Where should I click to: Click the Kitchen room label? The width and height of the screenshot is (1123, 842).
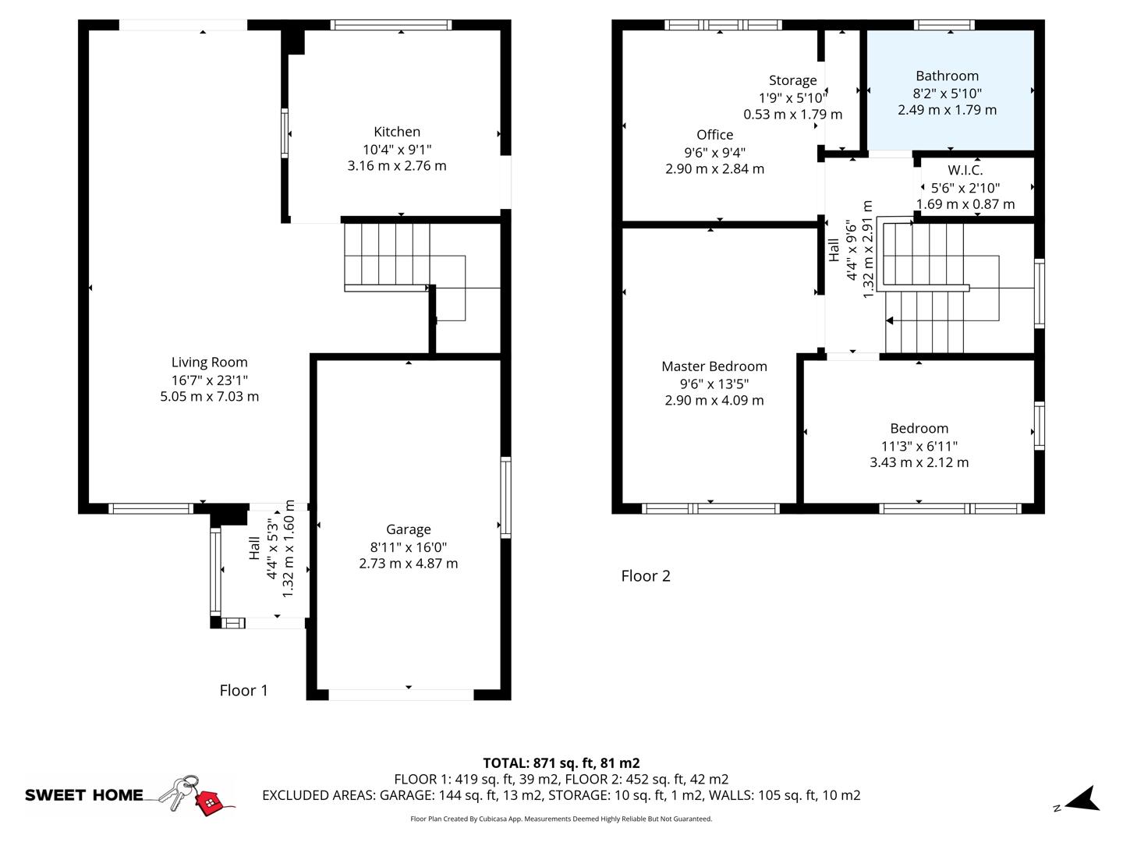tap(397, 132)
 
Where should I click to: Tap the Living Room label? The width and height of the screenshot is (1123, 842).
tap(209, 362)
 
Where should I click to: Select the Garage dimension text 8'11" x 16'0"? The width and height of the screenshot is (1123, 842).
tap(408, 547)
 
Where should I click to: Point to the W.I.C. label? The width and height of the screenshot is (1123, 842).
tap(965, 170)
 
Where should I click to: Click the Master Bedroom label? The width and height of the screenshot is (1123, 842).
tap(714, 366)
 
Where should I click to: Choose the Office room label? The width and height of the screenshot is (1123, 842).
tap(714, 135)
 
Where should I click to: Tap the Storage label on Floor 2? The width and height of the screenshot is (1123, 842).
tap(792, 80)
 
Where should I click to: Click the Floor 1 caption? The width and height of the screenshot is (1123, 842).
tap(243, 690)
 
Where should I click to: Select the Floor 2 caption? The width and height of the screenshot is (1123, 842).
tap(645, 576)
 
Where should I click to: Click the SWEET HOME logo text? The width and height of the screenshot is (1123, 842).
tap(84, 795)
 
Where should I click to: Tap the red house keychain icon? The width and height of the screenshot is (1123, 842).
tap(208, 801)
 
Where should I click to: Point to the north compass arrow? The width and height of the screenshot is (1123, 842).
tap(1083, 799)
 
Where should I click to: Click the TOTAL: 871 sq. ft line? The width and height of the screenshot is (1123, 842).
tap(561, 763)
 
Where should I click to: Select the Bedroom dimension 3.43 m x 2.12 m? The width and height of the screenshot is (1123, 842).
tap(919, 462)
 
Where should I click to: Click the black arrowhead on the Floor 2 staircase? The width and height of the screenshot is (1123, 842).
tap(890, 320)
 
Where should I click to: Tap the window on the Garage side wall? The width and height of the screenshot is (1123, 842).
tap(505, 497)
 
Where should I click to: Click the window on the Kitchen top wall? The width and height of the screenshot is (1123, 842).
tap(391, 25)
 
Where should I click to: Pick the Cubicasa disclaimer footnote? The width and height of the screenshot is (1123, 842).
tap(561, 819)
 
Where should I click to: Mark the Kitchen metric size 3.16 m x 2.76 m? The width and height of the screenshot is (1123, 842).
tap(397, 165)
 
